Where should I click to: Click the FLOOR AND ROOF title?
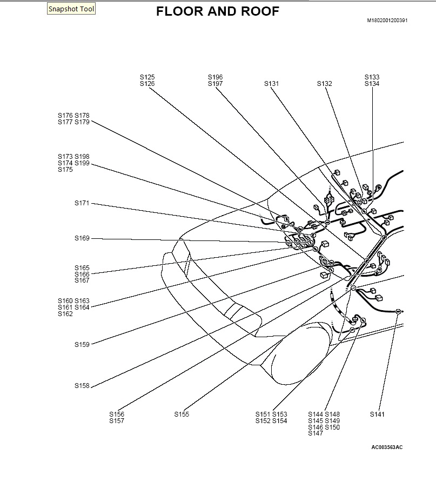pos(218,11)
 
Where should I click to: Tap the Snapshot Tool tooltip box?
pos(71,9)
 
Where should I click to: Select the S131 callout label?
pos(271,84)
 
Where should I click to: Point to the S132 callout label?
pos(324,84)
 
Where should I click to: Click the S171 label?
pos(82,204)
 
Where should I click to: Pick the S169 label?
pos(82,238)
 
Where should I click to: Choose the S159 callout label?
pos(82,344)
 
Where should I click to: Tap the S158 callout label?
pos(82,386)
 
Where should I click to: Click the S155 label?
pos(182,414)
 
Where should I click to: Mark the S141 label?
pos(377,414)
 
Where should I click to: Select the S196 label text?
pos(215,77)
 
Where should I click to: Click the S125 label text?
pos(147,77)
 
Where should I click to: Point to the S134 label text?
pos(372,84)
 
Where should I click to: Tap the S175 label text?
pos(65,170)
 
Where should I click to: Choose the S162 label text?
pos(65,314)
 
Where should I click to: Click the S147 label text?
pos(316,433)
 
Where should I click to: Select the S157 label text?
pos(117,421)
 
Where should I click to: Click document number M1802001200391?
pos(387,21)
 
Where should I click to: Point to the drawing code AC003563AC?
pos(387,447)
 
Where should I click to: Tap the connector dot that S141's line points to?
pos(398,311)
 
